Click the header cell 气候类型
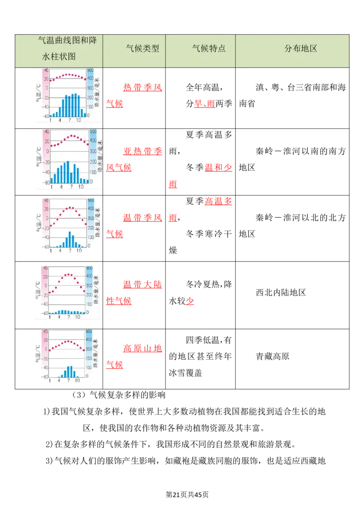[143, 49]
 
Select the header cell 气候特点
[209, 49]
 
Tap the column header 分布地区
[301, 49]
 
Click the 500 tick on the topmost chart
[90, 71]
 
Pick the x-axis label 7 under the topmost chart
[69, 121]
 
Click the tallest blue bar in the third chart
[70, 239]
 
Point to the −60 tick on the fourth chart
[45, 313]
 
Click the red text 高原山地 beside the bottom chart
[142, 348]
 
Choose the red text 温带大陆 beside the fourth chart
[142, 284]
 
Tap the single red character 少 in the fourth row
[189, 301]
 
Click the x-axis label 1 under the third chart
[50, 250]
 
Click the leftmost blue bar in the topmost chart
[50, 116]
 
